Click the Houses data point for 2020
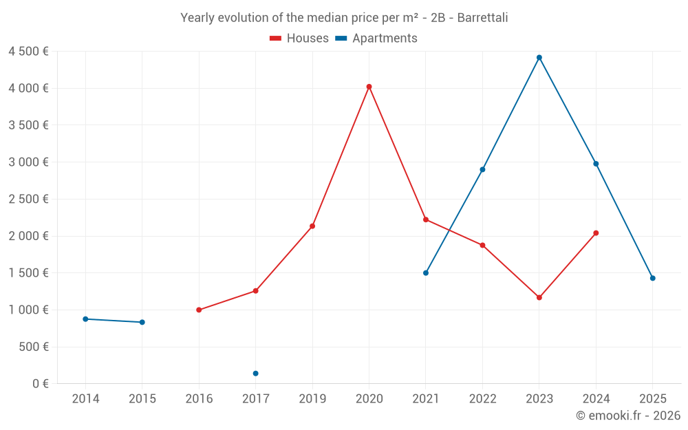pos(369,87)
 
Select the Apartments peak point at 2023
pos(539,57)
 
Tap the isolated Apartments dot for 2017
pos(255,374)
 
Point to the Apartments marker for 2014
pos(85,319)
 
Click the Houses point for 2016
pos(199,310)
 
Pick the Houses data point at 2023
pos(539,297)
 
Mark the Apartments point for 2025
pos(653,278)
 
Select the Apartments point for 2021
pos(426,273)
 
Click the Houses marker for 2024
pos(596,233)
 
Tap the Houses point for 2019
pos(312,226)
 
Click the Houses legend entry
pos(299,39)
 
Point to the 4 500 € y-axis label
pos(28,52)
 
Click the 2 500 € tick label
pos(28,200)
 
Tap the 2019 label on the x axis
pos(312,399)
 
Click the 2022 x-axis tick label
pos(482,399)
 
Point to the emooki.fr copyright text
pos(628,416)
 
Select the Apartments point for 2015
pos(142,322)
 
